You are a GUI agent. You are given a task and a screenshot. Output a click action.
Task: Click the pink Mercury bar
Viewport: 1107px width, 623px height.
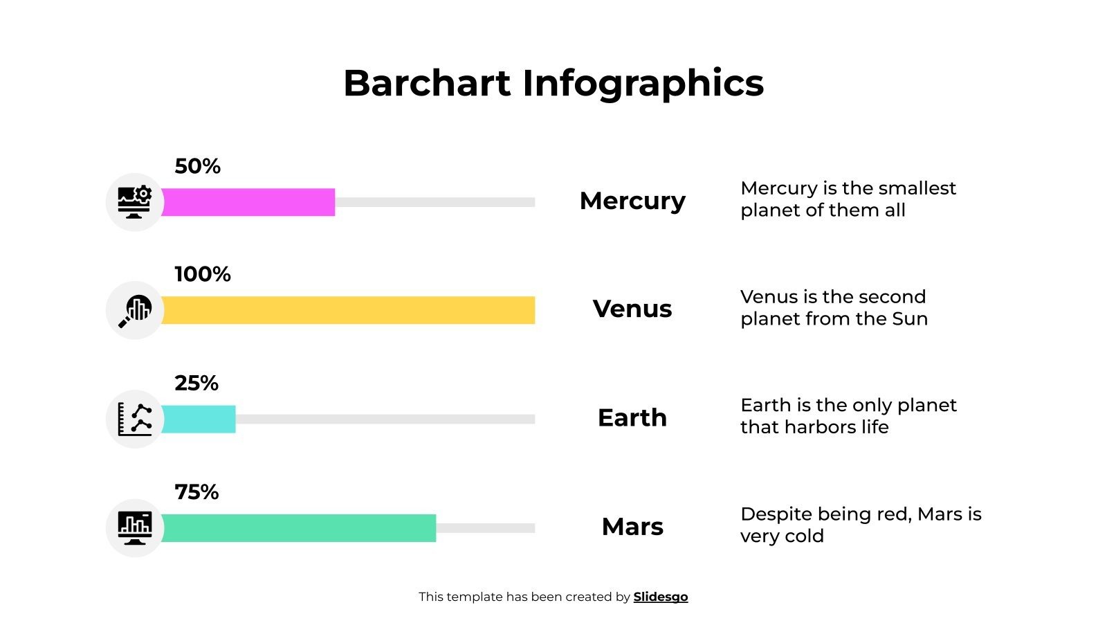tap(248, 202)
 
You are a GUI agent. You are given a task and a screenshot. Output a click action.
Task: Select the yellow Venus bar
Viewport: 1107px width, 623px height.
tap(348, 310)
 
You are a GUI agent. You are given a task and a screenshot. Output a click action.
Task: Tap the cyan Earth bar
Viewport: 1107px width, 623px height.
tap(199, 419)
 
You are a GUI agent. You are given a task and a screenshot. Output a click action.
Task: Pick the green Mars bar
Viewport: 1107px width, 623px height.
tap(298, 528)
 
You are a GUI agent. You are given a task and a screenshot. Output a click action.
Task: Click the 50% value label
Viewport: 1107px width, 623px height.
tap(197, 166)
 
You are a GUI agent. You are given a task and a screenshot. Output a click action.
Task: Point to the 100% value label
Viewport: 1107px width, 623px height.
tap(202, 274)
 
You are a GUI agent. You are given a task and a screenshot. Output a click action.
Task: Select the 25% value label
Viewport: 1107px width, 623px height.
tap(196, 383)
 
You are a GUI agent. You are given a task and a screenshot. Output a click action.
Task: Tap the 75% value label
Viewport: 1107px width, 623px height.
tap(196, 492)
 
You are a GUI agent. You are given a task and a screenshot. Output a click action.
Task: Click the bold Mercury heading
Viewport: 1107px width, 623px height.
tap(632, 201)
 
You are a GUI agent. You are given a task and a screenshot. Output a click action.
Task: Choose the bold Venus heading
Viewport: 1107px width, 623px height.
tap(632, 309)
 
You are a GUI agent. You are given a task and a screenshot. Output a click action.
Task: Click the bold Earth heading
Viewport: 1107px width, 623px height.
tap(632, 417)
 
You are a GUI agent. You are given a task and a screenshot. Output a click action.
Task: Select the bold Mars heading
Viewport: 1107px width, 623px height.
tap(632, 527)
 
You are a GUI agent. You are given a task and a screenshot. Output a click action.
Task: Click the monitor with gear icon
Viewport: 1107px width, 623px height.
tap(135, 202)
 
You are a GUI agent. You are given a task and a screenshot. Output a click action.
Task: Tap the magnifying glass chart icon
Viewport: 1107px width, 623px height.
tap(135, 310)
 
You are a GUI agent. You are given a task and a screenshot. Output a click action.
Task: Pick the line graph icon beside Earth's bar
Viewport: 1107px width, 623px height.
tap(135, 419)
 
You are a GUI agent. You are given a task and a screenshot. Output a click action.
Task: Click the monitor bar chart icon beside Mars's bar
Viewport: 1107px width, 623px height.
tap(135, 528)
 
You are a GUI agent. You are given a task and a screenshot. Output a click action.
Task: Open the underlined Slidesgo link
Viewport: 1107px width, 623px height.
tap(661, 597)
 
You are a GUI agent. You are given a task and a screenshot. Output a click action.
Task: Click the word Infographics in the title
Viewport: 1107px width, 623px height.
tap(643, 83)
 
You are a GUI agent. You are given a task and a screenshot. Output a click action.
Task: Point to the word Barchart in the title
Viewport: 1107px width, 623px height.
tap(427, 83)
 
